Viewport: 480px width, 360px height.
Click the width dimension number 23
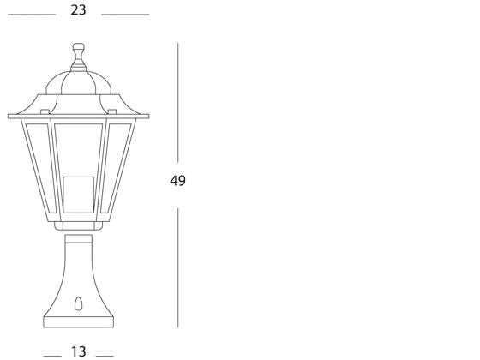click(x=78, y=11)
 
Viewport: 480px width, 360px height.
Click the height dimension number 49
click(x=177, y=181)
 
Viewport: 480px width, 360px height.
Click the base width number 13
click(x=78, y=351)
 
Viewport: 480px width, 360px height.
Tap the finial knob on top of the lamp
click(x=79, y=57)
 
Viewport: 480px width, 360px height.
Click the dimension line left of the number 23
click(x=30, y=15)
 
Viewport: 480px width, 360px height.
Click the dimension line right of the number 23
click(x=125, y=15)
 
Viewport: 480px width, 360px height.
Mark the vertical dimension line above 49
click(x=177, y=103)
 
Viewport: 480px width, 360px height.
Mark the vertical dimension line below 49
click(x=177, y=266)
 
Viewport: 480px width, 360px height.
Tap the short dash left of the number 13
click(x=52, y=354)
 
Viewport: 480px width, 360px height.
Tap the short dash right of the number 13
click(x=105, y=354)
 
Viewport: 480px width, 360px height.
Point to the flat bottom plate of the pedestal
click(x=79, y=322)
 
